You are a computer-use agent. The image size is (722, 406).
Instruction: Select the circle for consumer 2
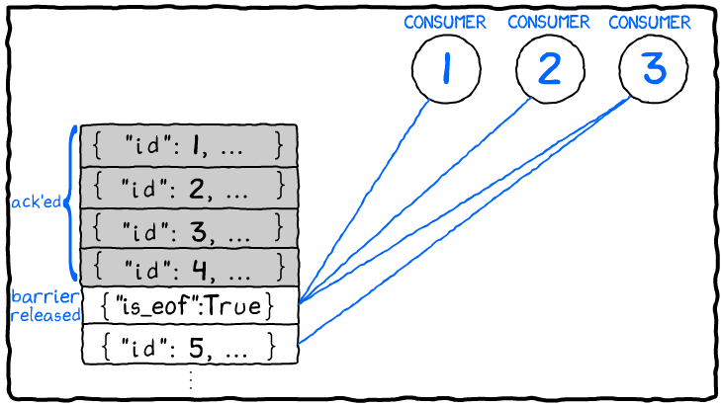point(548,72)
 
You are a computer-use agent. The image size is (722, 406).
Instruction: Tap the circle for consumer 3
point(651,72)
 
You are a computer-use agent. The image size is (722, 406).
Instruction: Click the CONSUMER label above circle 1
point(445,23)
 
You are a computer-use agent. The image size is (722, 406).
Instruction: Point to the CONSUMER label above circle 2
point(548,23)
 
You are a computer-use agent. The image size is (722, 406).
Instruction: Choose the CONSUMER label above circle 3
point(649,23)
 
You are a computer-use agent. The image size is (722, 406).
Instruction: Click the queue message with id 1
point(189,146)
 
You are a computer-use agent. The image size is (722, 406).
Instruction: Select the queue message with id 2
point(189,186)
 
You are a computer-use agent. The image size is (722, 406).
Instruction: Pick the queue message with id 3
point(189,226)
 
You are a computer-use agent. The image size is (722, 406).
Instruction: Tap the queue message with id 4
point(189,266)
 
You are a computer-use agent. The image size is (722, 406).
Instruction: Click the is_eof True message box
point(189,306)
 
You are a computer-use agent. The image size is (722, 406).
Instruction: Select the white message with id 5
point(189,347)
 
